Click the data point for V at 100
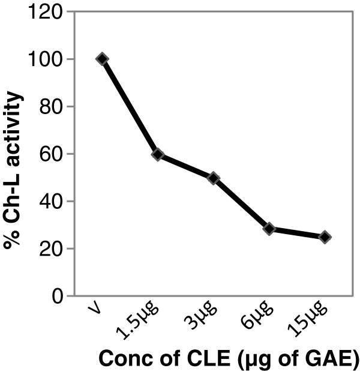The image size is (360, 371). click(103, 59)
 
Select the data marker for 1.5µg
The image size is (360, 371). click(158, 154)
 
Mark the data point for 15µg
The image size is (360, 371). click(325, 237)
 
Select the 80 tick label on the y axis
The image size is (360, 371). click(51, 106)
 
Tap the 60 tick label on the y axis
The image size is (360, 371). click(51, 154)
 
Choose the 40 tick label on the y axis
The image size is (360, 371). click(51, 201)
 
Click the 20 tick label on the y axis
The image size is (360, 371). click(51, 249)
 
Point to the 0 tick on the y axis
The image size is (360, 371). click(56, 296)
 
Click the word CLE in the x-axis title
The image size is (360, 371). click(209, 358)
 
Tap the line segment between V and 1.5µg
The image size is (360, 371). click(130, 107)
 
